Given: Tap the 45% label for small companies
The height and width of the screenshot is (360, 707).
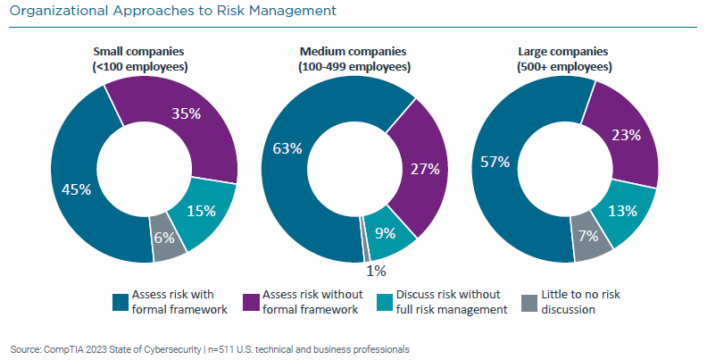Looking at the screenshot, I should click(x=76, y=188).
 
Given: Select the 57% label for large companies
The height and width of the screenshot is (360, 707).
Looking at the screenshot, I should click(x=495, y=162).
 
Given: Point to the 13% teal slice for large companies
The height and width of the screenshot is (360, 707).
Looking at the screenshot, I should click(x=624, y=210).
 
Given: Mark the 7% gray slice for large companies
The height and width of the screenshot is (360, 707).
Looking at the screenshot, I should click(x=589, y=237).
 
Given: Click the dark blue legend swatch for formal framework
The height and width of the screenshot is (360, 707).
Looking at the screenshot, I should click(x=120, y=300).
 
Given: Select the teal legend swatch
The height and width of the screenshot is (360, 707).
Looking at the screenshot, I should click(x=388, y=300).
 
